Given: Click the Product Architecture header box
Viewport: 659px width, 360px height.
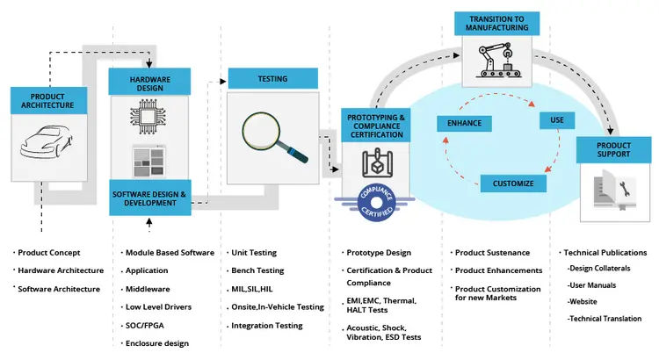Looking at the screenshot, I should click(x=47, y=100).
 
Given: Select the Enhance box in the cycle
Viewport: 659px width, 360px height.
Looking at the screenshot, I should click(x=464, y=123).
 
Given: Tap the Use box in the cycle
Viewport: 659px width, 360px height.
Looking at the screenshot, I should click(x=556, y=119).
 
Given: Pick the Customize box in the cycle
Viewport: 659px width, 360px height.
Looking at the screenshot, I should click(x=513, y=184).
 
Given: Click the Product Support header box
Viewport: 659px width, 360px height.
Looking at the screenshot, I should click(x=612, y=149).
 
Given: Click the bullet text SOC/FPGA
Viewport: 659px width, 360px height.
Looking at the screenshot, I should click(x=147, y=326).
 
